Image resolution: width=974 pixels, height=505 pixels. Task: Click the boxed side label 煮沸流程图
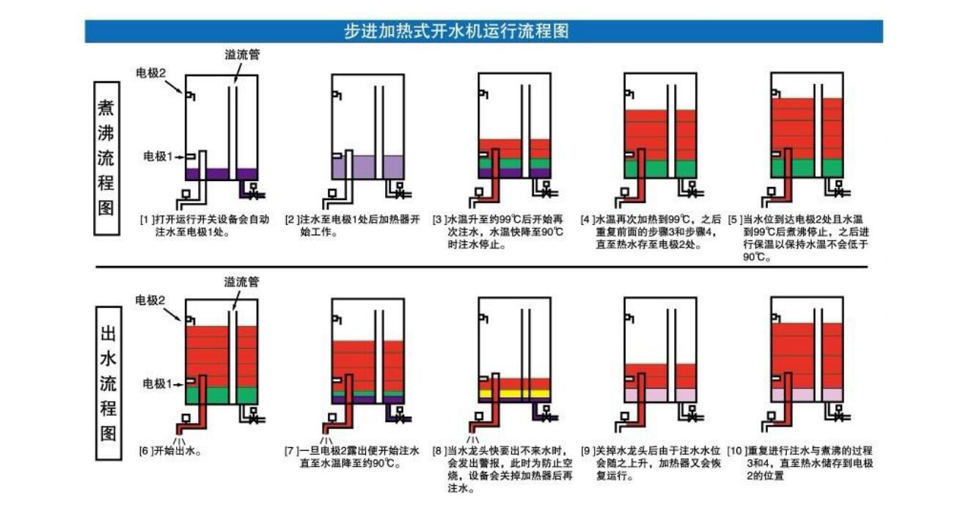[107, 158]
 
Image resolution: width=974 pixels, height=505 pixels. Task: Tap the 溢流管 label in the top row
[242, 54]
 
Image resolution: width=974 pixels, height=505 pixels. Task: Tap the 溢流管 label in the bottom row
[242, 282]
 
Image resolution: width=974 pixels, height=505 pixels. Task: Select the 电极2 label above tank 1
[152, 73]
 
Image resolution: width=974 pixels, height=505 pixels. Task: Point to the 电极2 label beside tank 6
[152, 300]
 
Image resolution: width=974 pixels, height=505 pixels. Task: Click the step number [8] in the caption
[438, 451]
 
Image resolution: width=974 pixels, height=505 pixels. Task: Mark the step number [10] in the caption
[735, 451]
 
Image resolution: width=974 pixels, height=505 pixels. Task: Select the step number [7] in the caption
[290, 451]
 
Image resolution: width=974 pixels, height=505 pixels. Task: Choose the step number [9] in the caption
[587, 451]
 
